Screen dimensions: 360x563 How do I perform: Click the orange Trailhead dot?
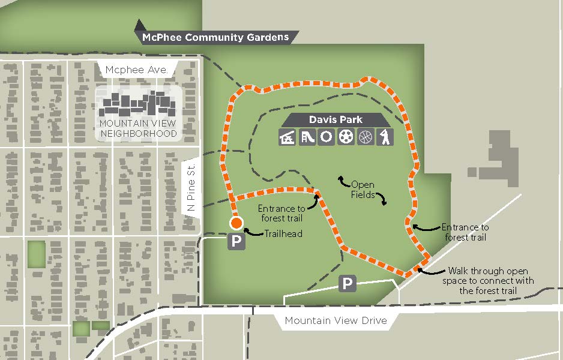pyautogui.click(x=236, y=223)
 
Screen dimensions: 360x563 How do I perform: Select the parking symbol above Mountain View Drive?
pyautogui.click(x=348, y=283)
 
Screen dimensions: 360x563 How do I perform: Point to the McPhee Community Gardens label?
pyautogui.click(x=215, y=37)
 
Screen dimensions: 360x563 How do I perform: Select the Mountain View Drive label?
pyautogui.click(x=336, y=321)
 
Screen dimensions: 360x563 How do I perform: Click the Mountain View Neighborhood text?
pyautogui.click(x=139, y=128)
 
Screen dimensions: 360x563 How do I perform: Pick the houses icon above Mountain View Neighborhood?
pyautogui.click(x=139, y=104)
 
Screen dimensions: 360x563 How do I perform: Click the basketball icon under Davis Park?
pyautogui.click(x=365, y=137)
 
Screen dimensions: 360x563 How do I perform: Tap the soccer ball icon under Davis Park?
pyautogui.click(x=345, y=137)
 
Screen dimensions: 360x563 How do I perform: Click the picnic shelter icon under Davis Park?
pyautogui.click(x=288, y=137)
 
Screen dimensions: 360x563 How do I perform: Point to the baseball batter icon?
pyautogui.click(x=384, y=137)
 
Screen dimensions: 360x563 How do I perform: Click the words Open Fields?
pyautogui.click(x=363, y=190)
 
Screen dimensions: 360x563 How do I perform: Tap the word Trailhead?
pyautogui.click(x=283, y=234)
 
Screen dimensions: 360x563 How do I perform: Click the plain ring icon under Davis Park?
pyautogui.click(x=326, y=137)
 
